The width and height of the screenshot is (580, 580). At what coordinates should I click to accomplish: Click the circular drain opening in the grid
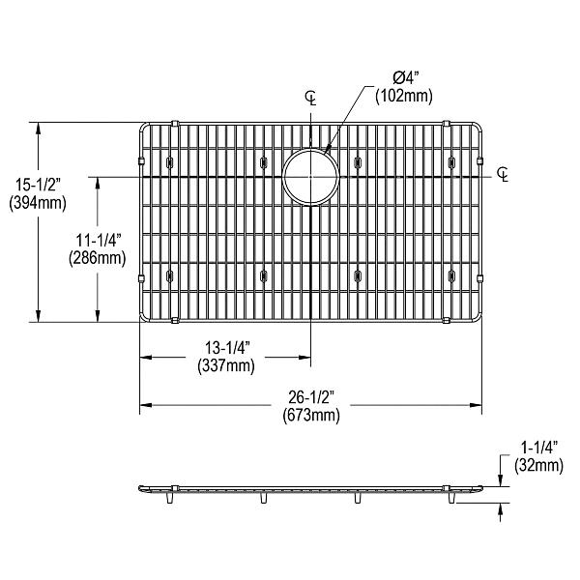(310, 177)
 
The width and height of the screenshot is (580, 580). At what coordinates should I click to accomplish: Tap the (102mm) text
(405, 96)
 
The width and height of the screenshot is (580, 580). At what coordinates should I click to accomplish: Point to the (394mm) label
(35, 203)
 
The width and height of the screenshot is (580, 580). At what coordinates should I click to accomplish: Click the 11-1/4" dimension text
(98, 242)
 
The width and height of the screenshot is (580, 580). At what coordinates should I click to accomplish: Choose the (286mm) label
(98, 258)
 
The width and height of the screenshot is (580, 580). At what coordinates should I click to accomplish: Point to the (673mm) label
(311, 416)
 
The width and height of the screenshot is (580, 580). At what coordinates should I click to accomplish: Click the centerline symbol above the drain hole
(310, 97)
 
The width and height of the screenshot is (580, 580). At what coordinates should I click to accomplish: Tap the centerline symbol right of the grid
(504, 174)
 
